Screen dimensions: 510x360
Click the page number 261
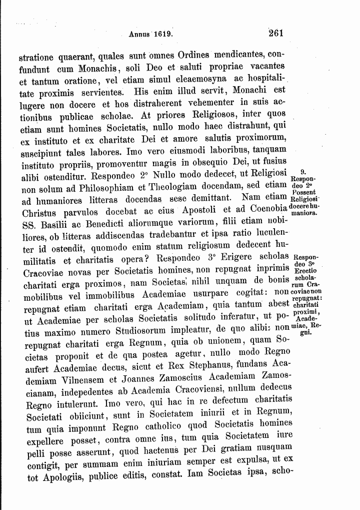pyautogui.click(x=276, y=34)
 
